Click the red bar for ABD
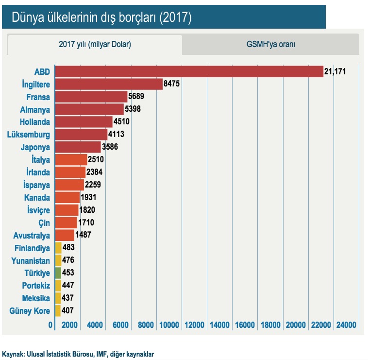coord(189,71)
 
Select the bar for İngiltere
coord(109,84)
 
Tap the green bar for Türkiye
coord(58,273)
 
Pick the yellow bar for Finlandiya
coord(58,248)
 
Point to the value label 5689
coord(136,97)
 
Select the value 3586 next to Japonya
coord(110,147)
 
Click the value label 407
coord(68,310)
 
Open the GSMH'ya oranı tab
coord(271,44)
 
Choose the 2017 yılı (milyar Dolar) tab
coord(95,44)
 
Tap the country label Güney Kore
coord(30,310)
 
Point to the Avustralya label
coord(32,235)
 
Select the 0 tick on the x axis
coord(50,325)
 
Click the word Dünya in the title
coord(29,17)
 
